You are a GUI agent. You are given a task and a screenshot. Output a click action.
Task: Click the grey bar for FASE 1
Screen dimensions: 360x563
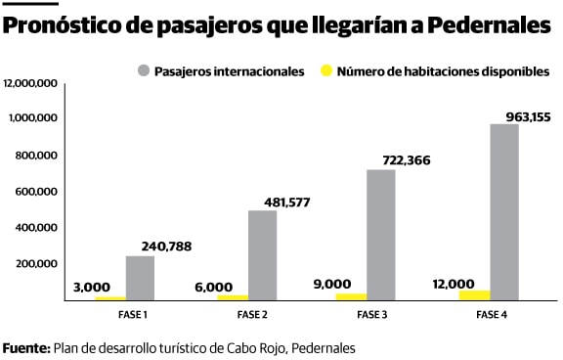tap(140, 278)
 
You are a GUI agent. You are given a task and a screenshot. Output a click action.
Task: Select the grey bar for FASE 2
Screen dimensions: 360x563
tap(262, 255)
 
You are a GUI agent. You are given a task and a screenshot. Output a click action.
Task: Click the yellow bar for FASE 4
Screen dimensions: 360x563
tap(475, 294)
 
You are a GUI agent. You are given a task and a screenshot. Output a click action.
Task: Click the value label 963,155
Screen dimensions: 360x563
tap(528, 116)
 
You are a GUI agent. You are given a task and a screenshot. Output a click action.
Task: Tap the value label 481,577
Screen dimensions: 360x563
tap(285, 202)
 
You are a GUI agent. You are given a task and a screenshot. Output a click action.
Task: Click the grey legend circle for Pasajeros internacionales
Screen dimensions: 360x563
tap(144, 70)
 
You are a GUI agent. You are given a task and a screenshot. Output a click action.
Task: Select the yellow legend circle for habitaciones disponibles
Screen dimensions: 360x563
tap(326, 70)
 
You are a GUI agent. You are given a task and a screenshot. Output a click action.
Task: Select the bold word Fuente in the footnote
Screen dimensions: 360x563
tap(25, 347)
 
